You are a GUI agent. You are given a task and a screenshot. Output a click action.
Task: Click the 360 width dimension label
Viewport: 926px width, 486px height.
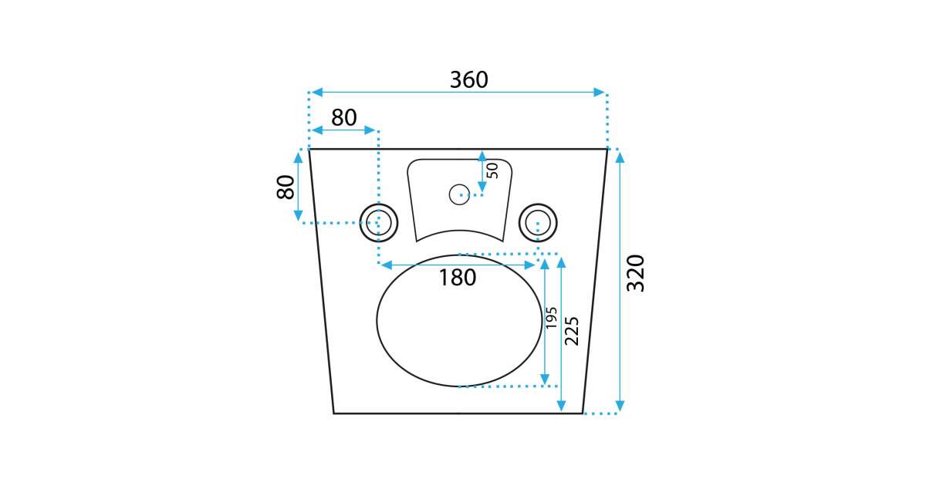point(469,79)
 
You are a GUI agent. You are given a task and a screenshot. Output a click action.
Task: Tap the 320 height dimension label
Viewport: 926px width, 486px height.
point(636,274)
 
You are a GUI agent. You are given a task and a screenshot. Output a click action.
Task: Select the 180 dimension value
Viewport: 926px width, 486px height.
point(457,277)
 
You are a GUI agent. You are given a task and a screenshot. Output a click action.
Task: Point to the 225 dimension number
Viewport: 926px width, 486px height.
point(572,331)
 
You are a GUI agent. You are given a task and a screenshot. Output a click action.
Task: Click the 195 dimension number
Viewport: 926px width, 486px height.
point(551,318)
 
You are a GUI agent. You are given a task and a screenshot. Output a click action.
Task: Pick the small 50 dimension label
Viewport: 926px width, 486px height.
point(492,170)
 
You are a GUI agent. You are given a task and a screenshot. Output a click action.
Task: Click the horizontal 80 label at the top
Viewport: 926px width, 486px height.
point(344,118)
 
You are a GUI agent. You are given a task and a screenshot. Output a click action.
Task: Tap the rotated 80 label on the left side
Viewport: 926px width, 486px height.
point(286,187)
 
